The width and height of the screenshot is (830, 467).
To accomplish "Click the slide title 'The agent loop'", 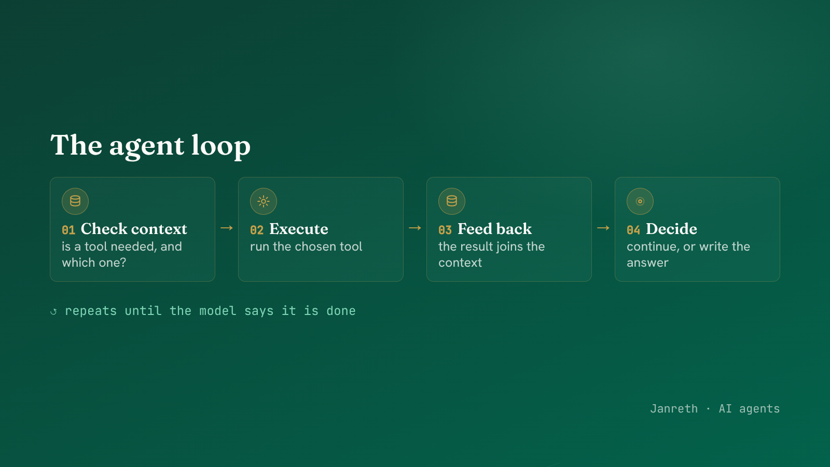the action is click(150, 146).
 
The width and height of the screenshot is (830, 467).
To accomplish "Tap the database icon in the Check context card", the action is click(75, 201).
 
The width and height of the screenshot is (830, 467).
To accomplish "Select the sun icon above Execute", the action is click(264, 201).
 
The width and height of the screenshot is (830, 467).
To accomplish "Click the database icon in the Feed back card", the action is click(452, 201).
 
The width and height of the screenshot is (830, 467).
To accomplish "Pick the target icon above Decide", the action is click(640, 201).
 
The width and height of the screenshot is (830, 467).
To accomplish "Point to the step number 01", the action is click(68, 230).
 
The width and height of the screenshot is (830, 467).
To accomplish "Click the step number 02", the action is click(257, 230).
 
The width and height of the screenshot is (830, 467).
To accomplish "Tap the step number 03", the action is click(445, 230).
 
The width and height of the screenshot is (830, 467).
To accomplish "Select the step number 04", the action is click(633, 230).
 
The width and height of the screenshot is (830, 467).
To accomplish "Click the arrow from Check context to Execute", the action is click(227, 228).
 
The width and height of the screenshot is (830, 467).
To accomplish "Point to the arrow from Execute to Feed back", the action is click(415, 228).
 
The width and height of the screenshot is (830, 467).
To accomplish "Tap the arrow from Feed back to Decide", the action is click(603, 228).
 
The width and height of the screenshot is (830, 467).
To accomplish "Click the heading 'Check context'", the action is click(134, 229).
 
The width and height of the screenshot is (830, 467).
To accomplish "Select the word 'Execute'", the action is click(299, 229).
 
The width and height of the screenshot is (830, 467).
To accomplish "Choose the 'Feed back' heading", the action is click(495, 229).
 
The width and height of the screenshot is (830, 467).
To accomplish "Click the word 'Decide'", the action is click(671, 229).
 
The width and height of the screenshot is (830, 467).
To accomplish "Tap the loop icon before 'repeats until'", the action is click(54, 311).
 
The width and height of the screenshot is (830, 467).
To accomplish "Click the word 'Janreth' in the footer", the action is click(674, 408).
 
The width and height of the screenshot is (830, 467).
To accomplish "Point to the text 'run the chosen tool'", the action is click(306, 246).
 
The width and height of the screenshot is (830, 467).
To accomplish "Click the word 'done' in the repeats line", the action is click(341, 311).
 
